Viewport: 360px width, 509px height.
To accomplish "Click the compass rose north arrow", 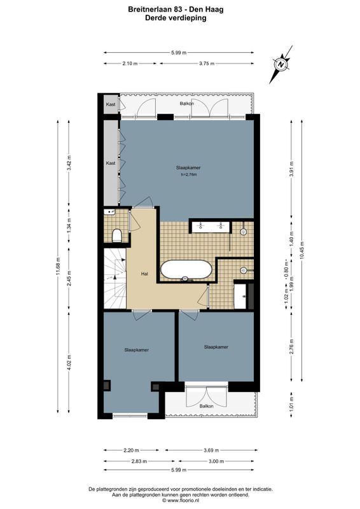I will pyautogui.click(x=280, y=64).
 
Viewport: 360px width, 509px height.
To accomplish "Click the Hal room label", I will pyautogui.click(x=144, y=274).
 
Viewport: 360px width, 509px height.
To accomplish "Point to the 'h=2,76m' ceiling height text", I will pyautogui.click(x=189, y=174).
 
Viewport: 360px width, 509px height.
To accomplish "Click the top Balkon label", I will pyautogui.click(x=186, y=103).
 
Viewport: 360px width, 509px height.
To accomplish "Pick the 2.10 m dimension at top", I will pyautogui.click(x=130, y=64).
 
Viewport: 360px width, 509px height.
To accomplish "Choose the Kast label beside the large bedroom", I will pyautogui.click(x=111, y=163).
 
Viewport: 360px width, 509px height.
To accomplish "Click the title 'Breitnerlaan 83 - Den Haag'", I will pyautogui.click(x=180, y=10).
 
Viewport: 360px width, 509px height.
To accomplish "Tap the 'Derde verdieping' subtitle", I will pyautogui.click(x=180, y=18).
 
